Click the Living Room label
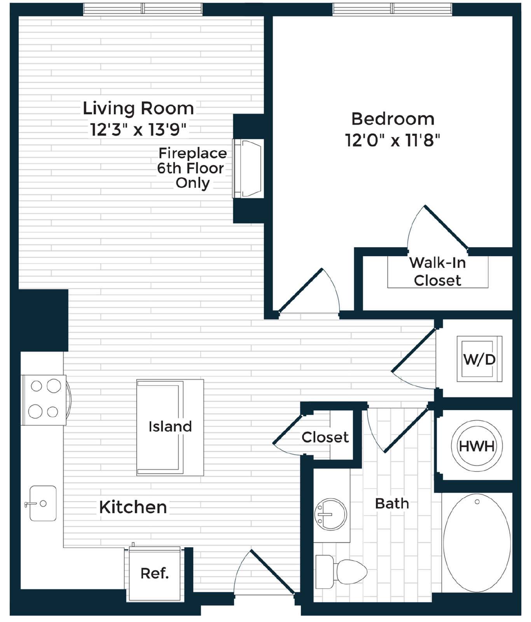coord(138,108)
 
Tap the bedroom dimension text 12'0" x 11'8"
coord(393,140)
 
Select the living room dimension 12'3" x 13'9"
coord(138,129)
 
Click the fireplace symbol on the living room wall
coord(248,168)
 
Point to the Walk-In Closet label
coord(438,271)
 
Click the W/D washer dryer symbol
coord(479,358)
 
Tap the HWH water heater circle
coord(477,446)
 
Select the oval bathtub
coord(477,543)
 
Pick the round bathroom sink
coord(330,514)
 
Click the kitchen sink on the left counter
coord(43,503)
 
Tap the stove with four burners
coord(44,400)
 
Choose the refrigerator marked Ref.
coord(155,573)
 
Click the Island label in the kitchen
coord(170,426)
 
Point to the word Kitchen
coord(133,507)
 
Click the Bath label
coord(392,503)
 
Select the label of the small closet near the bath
coord(325,437)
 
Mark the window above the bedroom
coord(392,9)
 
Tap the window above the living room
coord(143,9)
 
